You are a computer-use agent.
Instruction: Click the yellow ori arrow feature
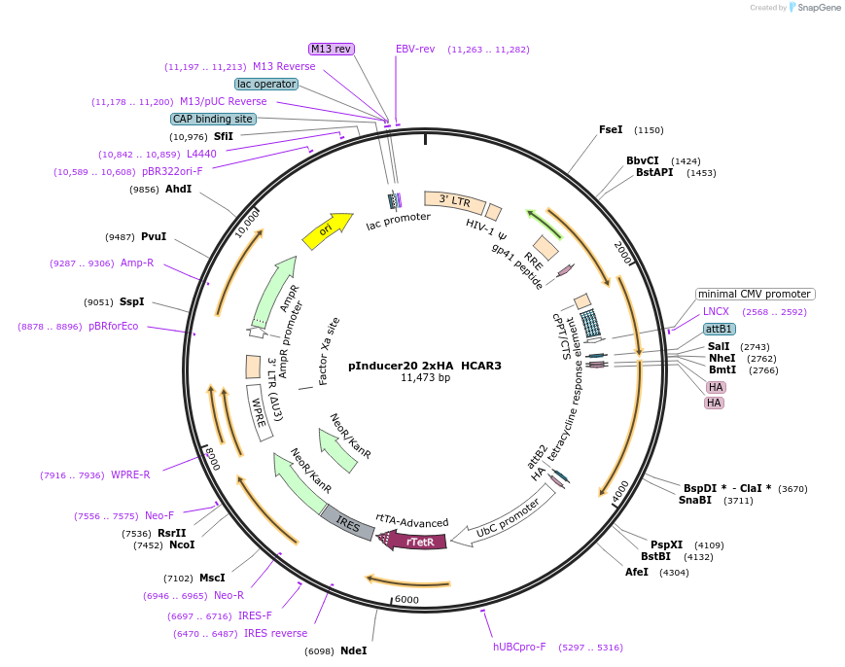point(327,230)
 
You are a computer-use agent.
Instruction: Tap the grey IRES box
point(347,522)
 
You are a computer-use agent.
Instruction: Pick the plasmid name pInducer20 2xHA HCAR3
point(425,366)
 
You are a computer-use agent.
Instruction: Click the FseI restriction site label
point(611,129)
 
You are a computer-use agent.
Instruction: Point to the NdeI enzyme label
point(353,650)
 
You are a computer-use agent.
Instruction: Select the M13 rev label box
point(332,49)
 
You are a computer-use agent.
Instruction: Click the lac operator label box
point(265,84)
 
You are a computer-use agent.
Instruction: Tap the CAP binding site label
point(213,119)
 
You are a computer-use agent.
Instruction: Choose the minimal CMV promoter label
point(755,294)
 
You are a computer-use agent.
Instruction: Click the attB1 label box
point(720,329)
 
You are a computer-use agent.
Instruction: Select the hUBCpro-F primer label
point(519,647)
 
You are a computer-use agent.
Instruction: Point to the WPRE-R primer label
point(130,474)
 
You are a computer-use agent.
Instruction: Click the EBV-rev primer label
point(415,49)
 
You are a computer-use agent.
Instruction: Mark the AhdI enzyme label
point(178,189)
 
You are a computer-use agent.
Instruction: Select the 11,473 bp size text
point(425,378)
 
